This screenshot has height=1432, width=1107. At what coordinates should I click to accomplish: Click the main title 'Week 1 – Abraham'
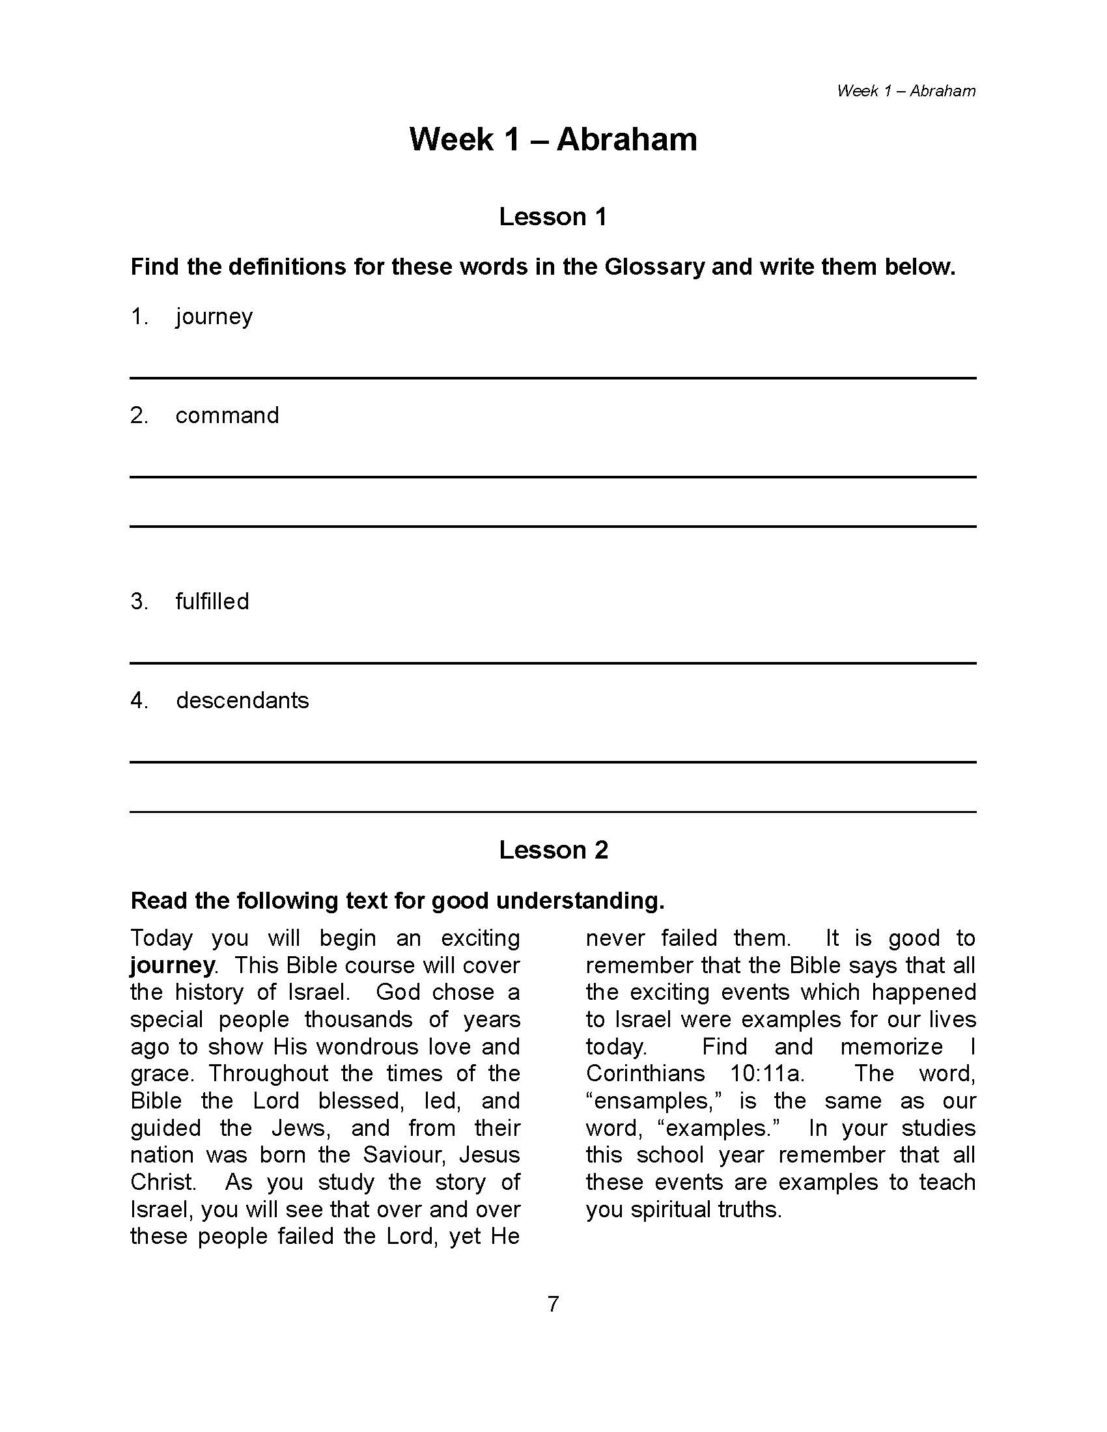coord(553,140)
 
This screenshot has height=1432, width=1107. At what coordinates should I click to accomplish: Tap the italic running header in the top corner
coord(906,91)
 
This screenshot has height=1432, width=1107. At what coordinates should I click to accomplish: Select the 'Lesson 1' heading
coord(553,217)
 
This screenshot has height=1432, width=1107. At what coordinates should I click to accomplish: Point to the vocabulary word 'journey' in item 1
coord(214,318)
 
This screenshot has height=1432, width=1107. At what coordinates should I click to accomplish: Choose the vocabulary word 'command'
coord(227,415)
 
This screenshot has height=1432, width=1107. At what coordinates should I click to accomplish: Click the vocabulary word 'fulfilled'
coord(212,601)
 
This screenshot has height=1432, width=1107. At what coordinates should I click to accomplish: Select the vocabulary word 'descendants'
coord(242,700)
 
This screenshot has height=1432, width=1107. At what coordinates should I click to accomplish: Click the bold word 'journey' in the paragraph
coord(173,966)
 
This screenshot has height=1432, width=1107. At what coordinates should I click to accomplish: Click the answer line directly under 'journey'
coord(553,378)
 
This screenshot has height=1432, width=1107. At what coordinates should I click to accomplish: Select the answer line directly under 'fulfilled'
coord(553,663)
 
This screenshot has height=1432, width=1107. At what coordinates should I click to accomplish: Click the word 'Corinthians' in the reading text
coord(645,1073)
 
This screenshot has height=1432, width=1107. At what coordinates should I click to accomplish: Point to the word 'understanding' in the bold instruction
coord(580,901)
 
